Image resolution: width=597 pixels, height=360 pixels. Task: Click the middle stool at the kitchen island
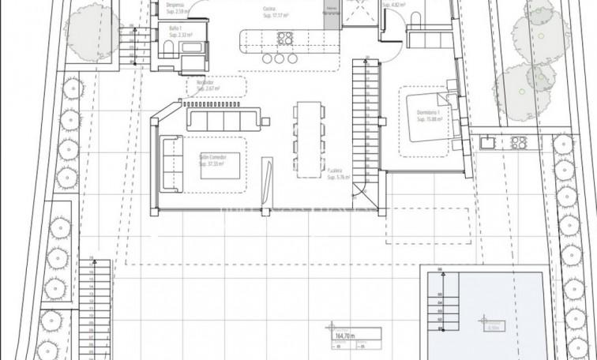coord(280,59)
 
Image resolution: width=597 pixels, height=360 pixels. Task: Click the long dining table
coord(308,131)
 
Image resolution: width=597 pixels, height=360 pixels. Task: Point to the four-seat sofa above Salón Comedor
coord(223,119)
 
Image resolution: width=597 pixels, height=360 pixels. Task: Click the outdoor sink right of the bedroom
coord(488,142)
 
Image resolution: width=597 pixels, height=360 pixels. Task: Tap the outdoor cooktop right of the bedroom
coord(519,142)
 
